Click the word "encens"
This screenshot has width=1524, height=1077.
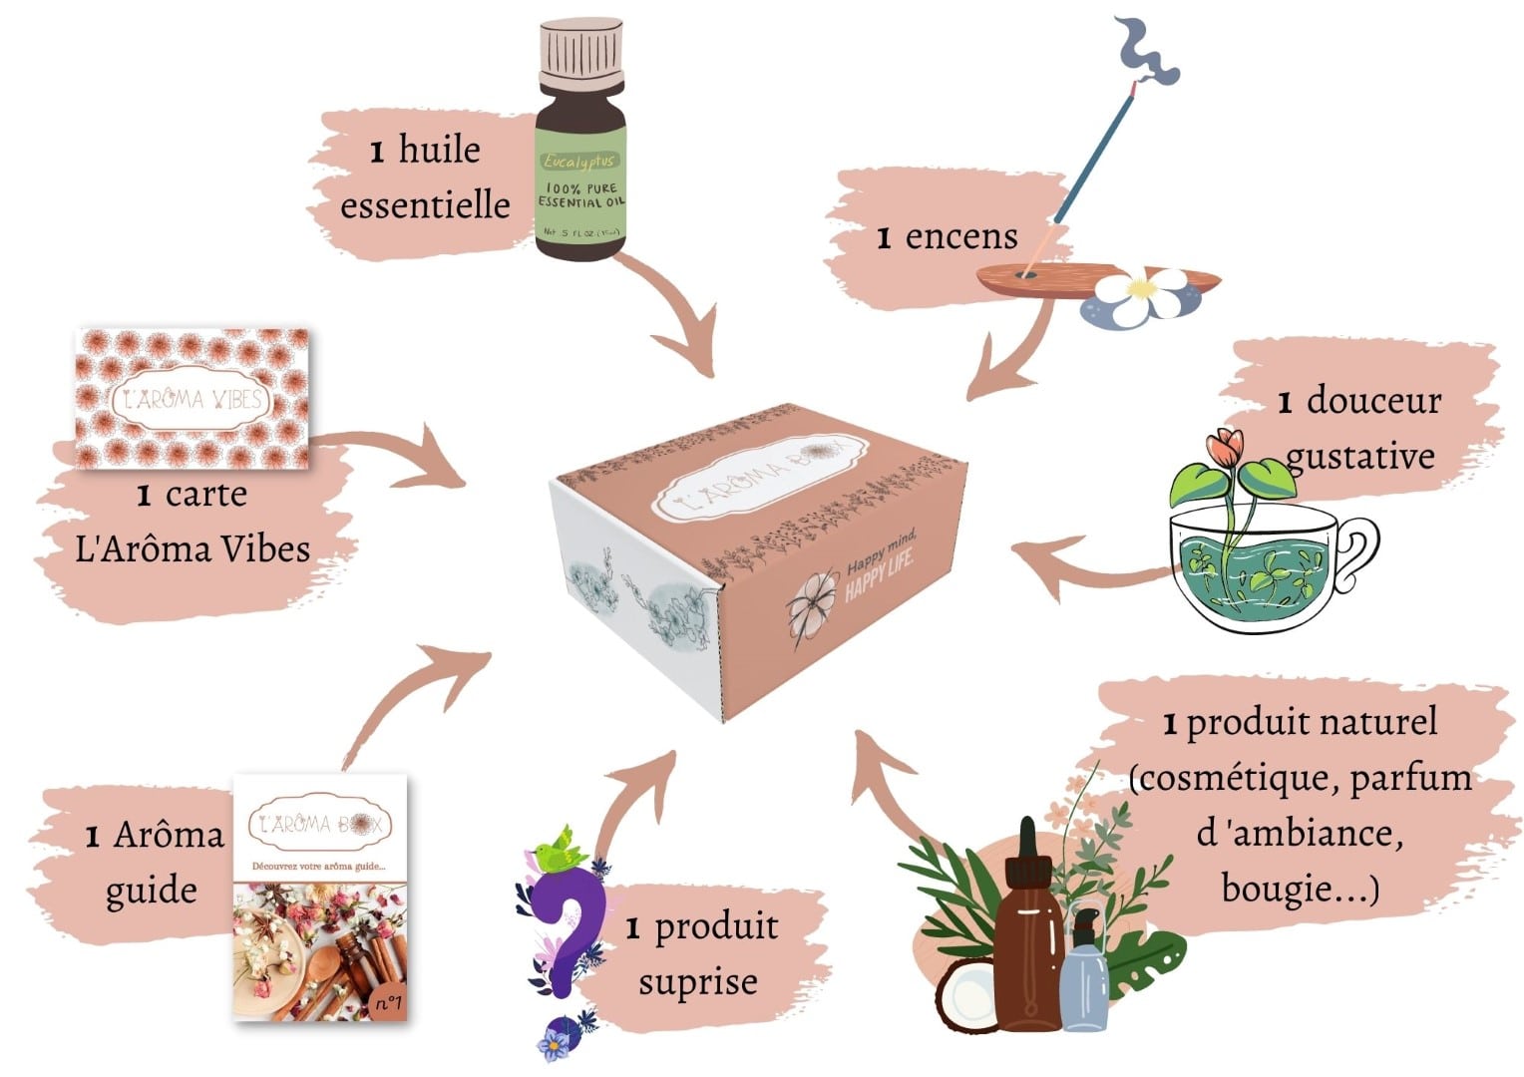coord(961,237)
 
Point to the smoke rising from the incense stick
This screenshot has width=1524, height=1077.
coord(1147,55)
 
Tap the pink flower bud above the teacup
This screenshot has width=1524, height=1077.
coord(1224,447)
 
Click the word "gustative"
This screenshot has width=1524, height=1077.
coord(1359,456)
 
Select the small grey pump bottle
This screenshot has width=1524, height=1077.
coord(1085,977)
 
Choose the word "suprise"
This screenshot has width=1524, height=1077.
coord(698,982)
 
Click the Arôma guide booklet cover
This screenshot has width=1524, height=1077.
coord(320,897)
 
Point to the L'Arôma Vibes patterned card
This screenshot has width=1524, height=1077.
coord(193,399)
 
